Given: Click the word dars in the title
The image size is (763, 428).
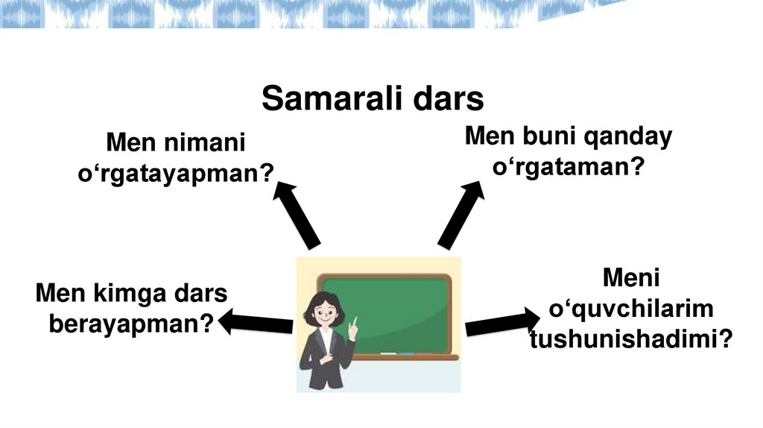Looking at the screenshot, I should pos(452,99).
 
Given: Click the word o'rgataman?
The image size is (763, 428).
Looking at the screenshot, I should pos(568,167).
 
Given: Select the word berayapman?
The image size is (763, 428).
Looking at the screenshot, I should pos(131,324).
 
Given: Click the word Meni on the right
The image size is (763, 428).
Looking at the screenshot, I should pos(631,279).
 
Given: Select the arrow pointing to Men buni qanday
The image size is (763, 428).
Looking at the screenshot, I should pos(461,214).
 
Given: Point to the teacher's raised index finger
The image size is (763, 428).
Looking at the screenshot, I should pos(355,321).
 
